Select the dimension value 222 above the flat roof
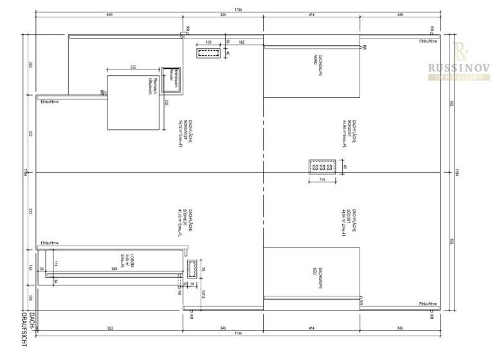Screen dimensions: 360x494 (133, 67)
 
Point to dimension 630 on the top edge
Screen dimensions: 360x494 (109, 14)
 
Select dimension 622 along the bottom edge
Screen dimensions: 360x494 (110, 328)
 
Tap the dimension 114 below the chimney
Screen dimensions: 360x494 (322, 181)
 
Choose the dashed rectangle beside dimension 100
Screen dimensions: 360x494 (208, 53)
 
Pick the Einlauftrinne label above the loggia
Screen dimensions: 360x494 (50, 243)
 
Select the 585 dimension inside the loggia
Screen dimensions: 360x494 (114, 269)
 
